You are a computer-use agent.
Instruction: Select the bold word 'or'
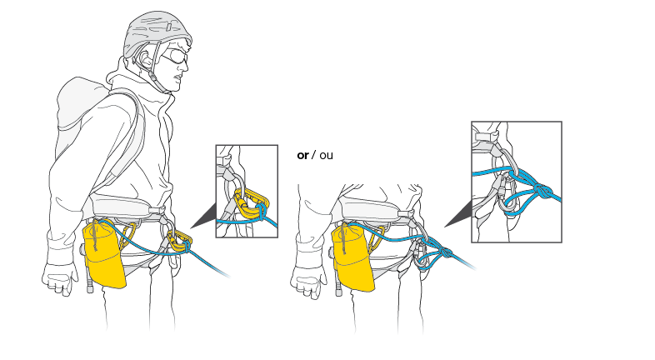pos(302,155)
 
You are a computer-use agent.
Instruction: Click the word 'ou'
pos(326,155)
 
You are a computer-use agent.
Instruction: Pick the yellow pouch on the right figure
pos(352,258)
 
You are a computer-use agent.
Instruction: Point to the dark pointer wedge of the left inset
pos(202,219)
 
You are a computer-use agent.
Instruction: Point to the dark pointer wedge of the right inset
pos(457,218)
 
